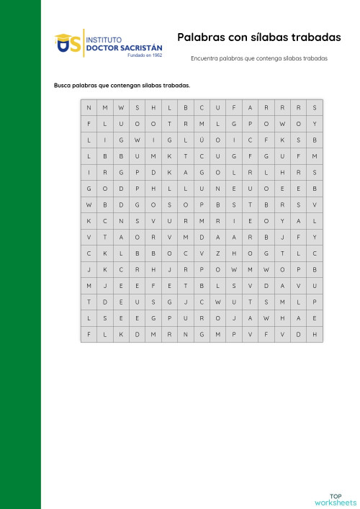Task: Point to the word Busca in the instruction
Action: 63,85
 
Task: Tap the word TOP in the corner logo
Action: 336,496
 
